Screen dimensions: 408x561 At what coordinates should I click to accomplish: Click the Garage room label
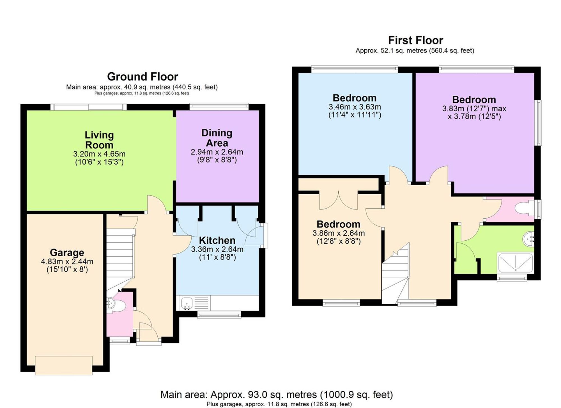click(x=67, y=253)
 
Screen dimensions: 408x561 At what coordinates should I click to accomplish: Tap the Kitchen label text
click(x=217, y=241)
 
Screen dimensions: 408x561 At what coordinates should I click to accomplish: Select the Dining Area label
click(x=217, y=138)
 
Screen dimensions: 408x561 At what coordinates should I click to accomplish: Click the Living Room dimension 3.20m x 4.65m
click(x=99, y=154)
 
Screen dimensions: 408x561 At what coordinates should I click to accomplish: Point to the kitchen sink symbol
click(x=187, y=303)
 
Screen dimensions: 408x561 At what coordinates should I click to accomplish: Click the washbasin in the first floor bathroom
click(x=528, y=239)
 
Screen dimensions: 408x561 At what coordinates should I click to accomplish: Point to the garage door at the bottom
click(x=64, y=365)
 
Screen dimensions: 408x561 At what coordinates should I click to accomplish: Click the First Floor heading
click(x=415, y=40)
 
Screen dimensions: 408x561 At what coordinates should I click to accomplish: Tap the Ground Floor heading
click(x=142, y=77)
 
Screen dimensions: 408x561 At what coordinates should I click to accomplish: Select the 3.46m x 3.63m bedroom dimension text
click(x=355, y=107)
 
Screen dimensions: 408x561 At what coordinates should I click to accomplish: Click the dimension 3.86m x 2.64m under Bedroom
click(x=339, y=233)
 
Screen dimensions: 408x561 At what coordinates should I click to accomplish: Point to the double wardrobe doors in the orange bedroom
click(x=339, y=200)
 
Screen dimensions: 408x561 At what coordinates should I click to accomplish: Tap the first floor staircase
click(x=395, y=278)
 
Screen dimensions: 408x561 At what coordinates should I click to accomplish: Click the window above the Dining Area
click(x=219, y=107)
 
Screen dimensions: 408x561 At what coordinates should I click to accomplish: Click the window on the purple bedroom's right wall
click(x=539, y=123)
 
